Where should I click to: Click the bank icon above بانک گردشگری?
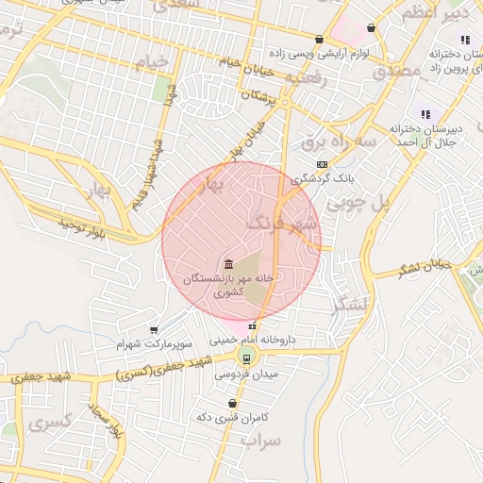click(x=323, y=164)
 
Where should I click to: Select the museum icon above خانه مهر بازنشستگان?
click(x=228, y=262)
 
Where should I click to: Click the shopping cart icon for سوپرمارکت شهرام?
click(x=153, y=330)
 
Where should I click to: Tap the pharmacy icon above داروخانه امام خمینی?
click(x=250, y=325)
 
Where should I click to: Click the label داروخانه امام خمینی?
click(x=253, y=340)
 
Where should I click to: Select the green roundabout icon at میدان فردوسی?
click(x=247, y=357)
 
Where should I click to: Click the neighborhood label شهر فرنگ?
click(x=283, y=224)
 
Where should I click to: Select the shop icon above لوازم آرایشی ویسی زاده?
click(x=320, y=40)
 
